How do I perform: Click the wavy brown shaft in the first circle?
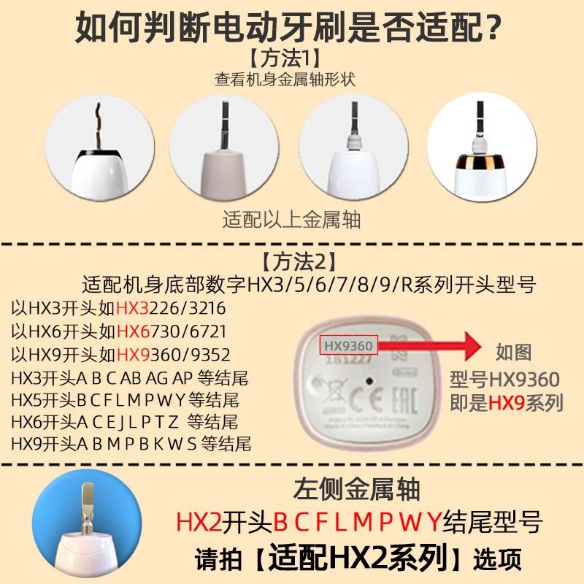98,124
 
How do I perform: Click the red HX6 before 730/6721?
131,331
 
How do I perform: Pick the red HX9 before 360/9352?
131,355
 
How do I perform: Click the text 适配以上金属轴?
292,218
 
